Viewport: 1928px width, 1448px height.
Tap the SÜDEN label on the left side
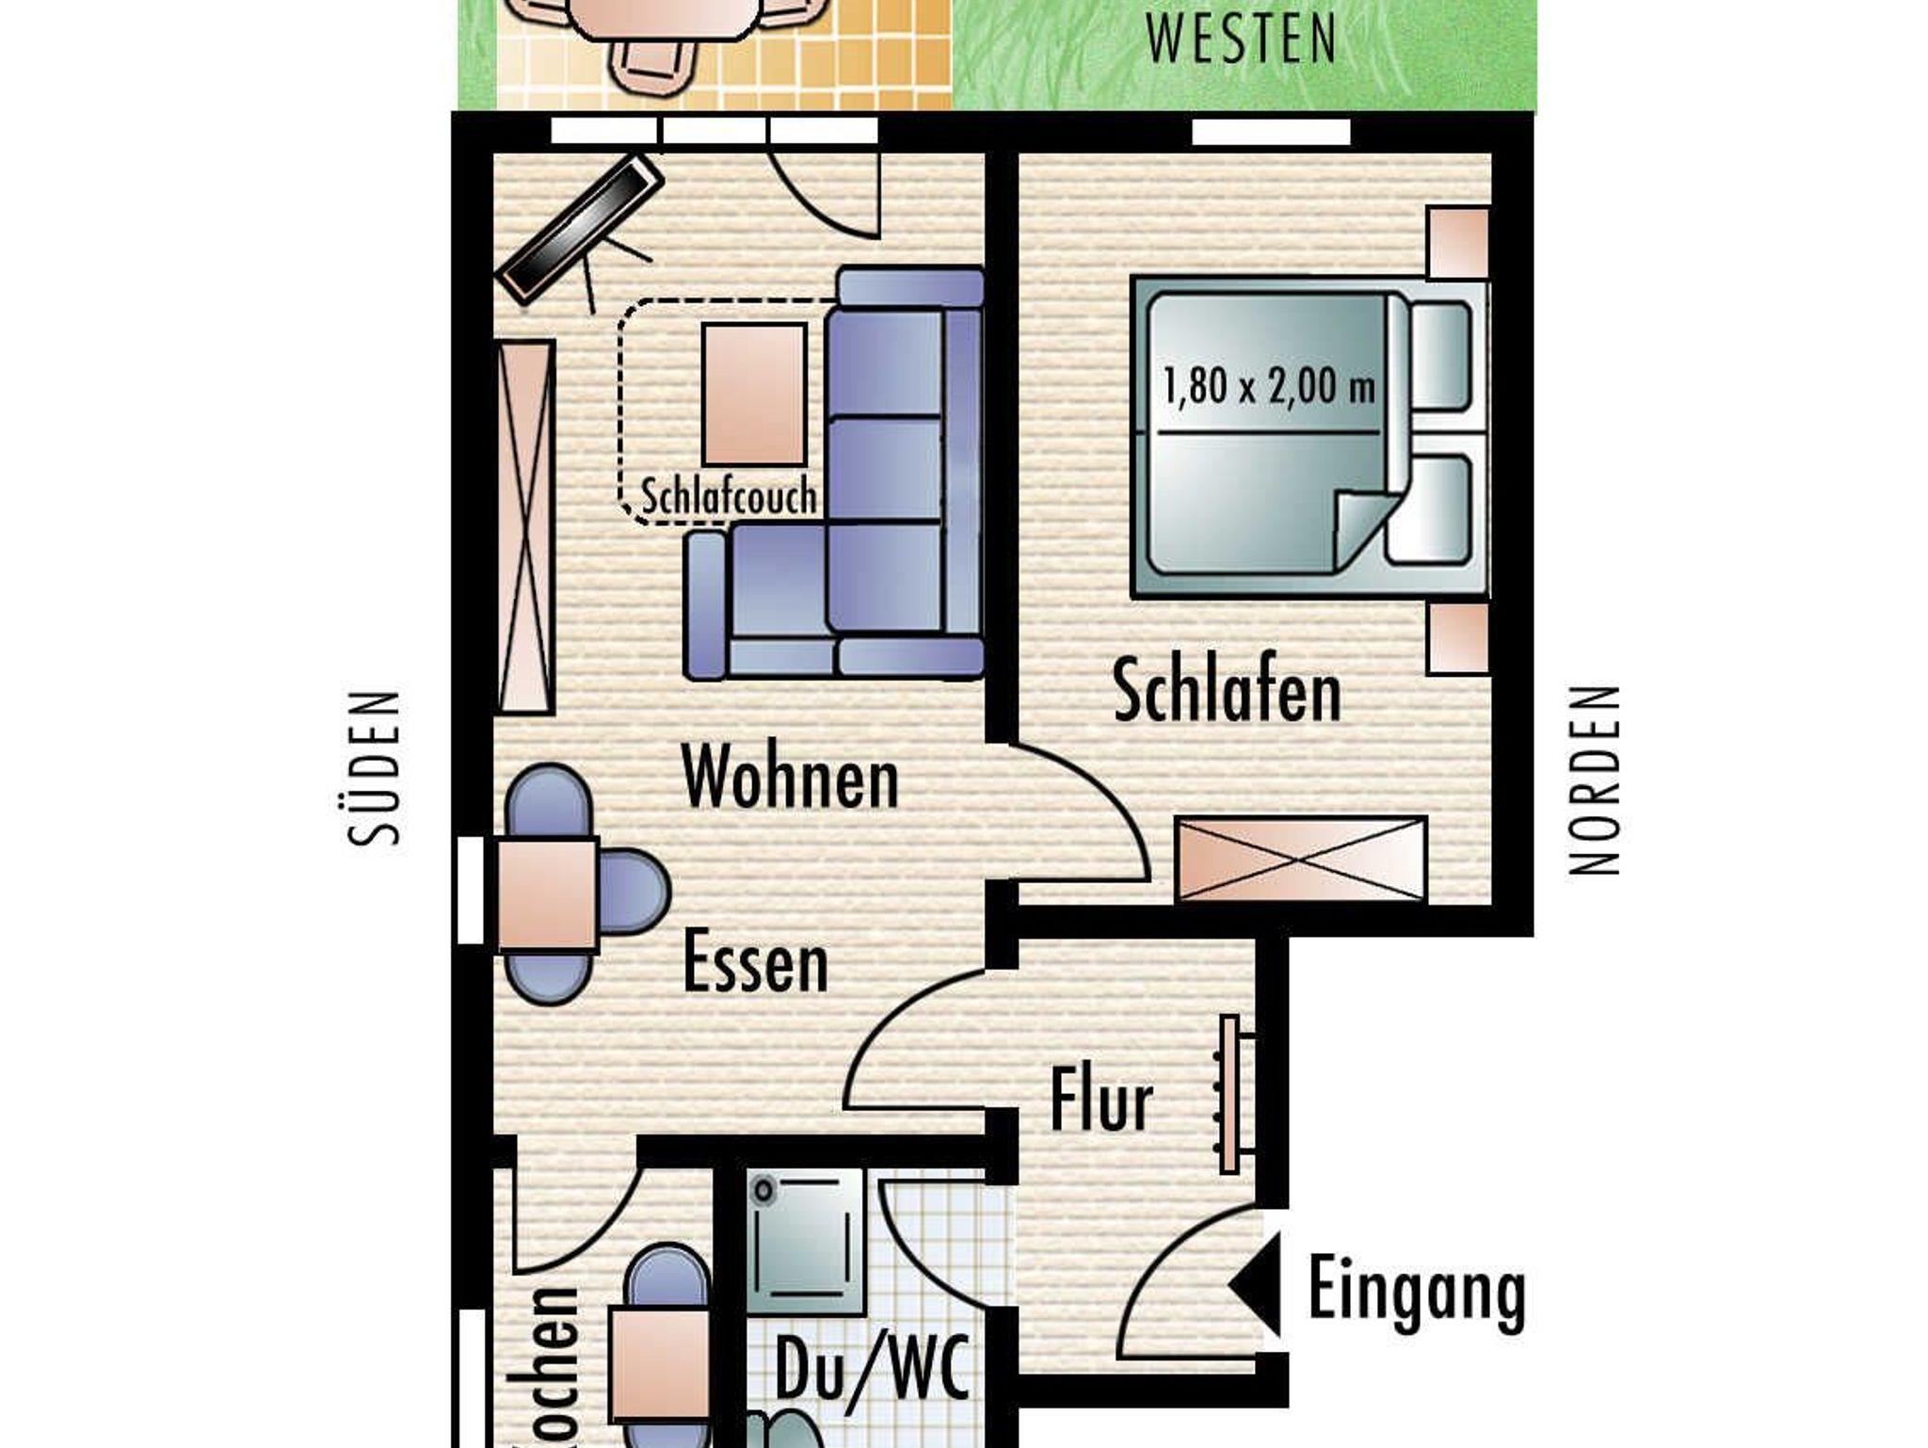(374, 768)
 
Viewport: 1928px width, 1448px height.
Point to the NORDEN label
(1594, 780)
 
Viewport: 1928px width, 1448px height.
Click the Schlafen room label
(1227, 692)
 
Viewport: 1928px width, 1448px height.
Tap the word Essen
(755, 960)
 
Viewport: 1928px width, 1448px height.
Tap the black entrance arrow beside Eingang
(1256, 1284)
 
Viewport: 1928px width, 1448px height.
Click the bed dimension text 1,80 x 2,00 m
(1269, 387)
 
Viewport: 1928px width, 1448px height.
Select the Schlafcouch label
(728, 496)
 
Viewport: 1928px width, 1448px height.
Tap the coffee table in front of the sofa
(754, 394)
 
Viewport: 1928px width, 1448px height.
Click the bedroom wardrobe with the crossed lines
(1301, 859)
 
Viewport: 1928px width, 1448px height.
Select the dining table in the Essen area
(547, 893)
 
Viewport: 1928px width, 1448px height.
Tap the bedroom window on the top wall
(1271, 132)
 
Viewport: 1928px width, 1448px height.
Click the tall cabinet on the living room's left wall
(525, 527)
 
